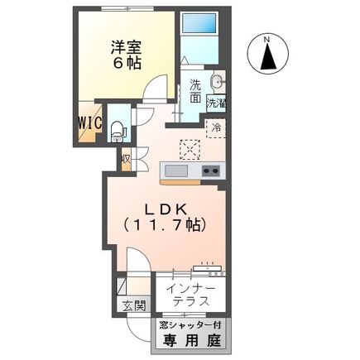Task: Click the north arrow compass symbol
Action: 269,57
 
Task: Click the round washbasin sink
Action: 217,82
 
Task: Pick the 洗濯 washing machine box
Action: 217,105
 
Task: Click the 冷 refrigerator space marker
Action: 216,128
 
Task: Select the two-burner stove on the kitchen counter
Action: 209,171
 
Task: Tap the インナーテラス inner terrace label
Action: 191,295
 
